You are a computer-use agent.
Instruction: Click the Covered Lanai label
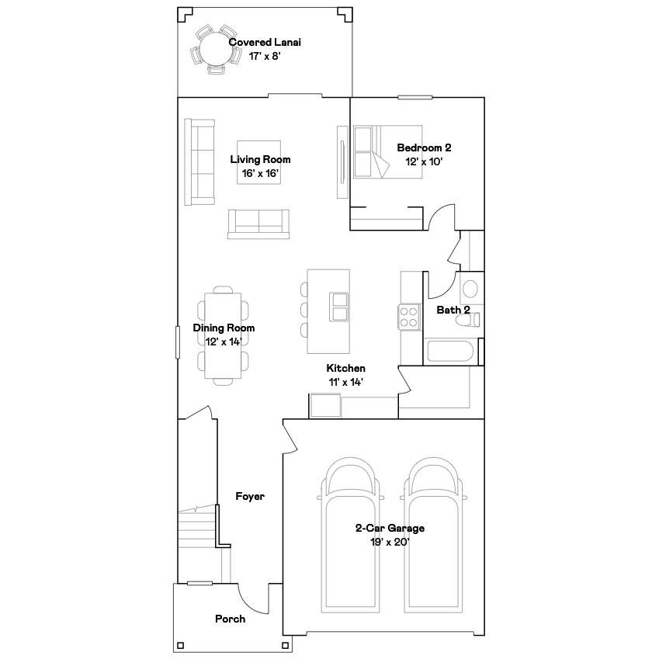click(x=265, y=42)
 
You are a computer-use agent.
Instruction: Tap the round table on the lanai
click(x=215, y=49)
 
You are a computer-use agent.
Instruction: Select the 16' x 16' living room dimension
click(x=260, y=173)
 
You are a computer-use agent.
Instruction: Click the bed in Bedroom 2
click(x=387, y=151)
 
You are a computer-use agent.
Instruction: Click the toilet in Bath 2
click(x=468, y=320)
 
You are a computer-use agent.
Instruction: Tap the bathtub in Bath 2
click(x=450, y=351)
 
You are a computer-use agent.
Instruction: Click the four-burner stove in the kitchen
click(x=409, y=317)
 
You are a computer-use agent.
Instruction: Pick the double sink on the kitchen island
click(x=338, y=307)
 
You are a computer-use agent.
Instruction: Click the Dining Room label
click(x=224, y=328)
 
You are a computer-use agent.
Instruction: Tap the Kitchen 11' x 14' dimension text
click(x=346, y=382)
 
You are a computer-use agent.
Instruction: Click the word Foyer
click(x=250, y=496)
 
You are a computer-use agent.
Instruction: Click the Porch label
click(x=230, y=619)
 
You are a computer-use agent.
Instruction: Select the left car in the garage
click(x=350, y=535)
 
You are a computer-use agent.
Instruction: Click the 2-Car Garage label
click(x=390, y=528)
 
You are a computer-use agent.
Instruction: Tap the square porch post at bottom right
click(x=286, y=645)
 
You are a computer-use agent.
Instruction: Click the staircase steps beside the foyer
click(x=197, y=529)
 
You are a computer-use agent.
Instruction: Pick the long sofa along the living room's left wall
click(x=199, y=162)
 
